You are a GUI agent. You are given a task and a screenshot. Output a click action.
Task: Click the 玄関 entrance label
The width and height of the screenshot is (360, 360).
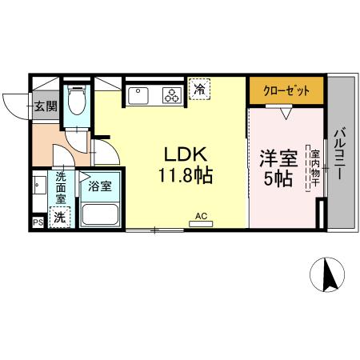point(44,105)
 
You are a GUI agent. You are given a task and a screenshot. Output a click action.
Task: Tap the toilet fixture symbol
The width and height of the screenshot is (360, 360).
point(78,102)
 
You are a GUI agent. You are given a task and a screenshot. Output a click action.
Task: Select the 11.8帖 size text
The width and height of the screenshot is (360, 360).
point(189,177)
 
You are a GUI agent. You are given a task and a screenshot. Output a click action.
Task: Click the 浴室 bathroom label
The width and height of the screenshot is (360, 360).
point(99,186)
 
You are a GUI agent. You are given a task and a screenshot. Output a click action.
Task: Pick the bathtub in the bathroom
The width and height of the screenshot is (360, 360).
point(99,214)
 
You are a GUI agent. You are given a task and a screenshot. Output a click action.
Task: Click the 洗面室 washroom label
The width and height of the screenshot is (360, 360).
point(62,190)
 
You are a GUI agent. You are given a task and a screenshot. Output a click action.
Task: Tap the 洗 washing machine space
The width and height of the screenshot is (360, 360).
point(58,217)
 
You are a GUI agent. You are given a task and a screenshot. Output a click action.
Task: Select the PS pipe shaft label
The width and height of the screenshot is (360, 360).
point(37,223)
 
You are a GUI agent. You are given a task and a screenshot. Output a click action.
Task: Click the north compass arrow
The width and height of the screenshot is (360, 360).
point(328,277)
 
